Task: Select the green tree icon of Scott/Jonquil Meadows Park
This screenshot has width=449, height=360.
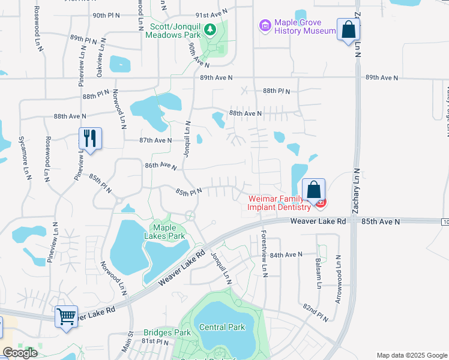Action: point(210,29)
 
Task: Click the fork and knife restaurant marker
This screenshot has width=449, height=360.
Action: point(90,139)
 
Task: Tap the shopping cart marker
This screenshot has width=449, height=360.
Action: point(66,316)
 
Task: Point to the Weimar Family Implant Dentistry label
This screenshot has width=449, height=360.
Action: point(280,203)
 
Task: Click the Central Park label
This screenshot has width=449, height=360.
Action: point(222,327)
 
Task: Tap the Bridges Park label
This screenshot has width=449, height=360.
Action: point(167,332)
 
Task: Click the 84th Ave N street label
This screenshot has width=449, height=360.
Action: point(285,255)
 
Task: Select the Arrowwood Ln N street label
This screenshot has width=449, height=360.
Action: point(339,279)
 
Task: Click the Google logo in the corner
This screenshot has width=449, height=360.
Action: point(20,353)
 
